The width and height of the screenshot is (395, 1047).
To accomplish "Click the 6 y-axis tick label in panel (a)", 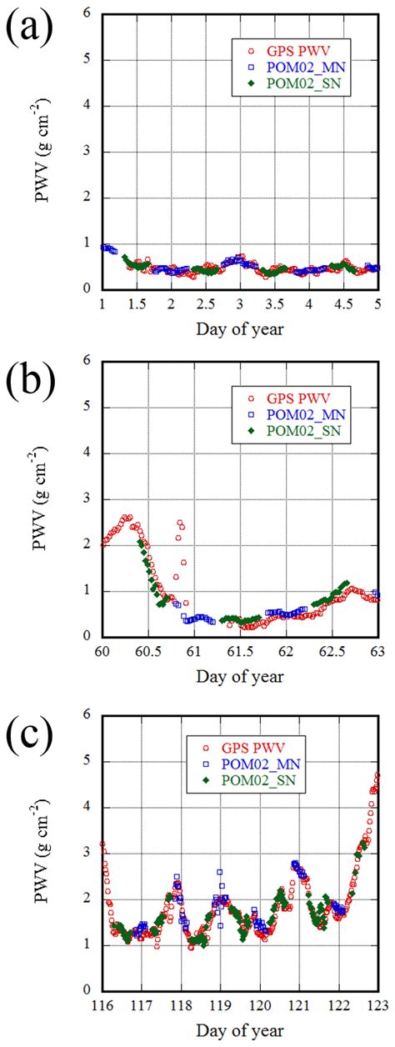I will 87,13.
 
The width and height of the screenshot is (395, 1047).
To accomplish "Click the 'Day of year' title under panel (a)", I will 240,328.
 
